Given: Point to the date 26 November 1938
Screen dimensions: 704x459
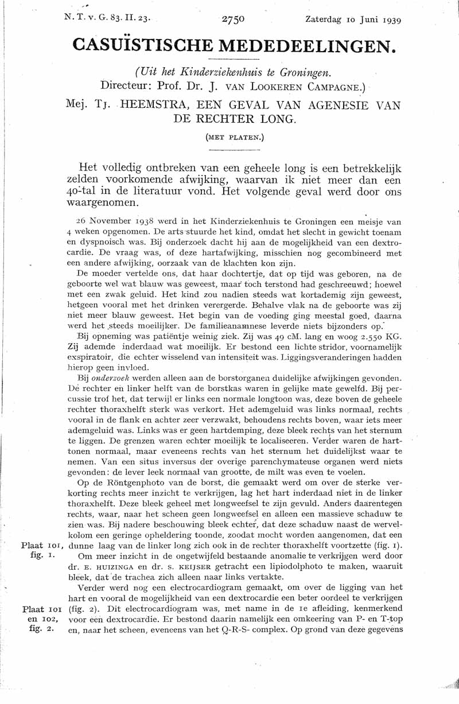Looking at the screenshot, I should tap(116, 221).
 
